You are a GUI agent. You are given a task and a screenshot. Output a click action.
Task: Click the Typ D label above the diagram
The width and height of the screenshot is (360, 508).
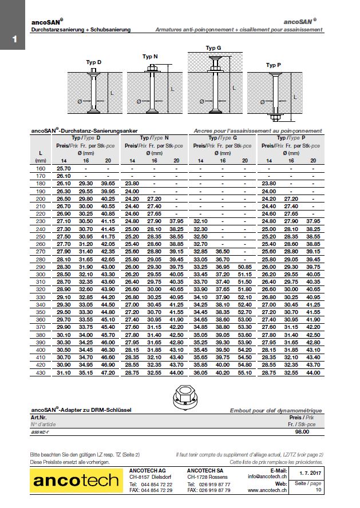coord(94,62)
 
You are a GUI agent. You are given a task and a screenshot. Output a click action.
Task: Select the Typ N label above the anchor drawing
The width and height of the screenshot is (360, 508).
coord(150,56)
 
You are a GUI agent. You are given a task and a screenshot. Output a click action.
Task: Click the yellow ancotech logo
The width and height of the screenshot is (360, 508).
coord(74,482)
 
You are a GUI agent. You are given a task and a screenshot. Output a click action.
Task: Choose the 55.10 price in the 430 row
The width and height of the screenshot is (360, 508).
coord(244,373)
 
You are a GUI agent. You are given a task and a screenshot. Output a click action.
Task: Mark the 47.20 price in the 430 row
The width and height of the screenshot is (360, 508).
coord(108,373)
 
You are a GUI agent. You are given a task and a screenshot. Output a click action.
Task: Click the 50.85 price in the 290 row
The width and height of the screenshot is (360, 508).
coord(244,267)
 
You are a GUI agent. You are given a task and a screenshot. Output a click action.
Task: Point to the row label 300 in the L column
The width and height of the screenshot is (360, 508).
coord(40,274)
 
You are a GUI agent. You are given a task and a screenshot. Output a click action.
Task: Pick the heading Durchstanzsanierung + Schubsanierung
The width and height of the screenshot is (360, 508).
coord(81,29)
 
